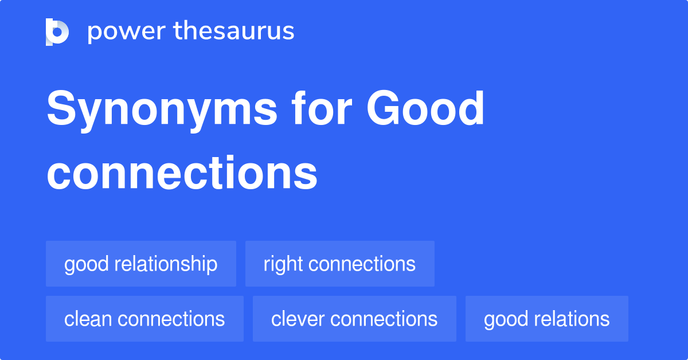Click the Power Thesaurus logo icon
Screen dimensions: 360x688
57,32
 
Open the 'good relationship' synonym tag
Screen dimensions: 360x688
141,264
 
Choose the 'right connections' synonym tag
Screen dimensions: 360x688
339,264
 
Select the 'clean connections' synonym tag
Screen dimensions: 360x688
144,319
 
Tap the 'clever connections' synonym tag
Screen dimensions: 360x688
354,319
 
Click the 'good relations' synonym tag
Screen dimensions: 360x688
546,319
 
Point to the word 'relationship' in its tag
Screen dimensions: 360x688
166,264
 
